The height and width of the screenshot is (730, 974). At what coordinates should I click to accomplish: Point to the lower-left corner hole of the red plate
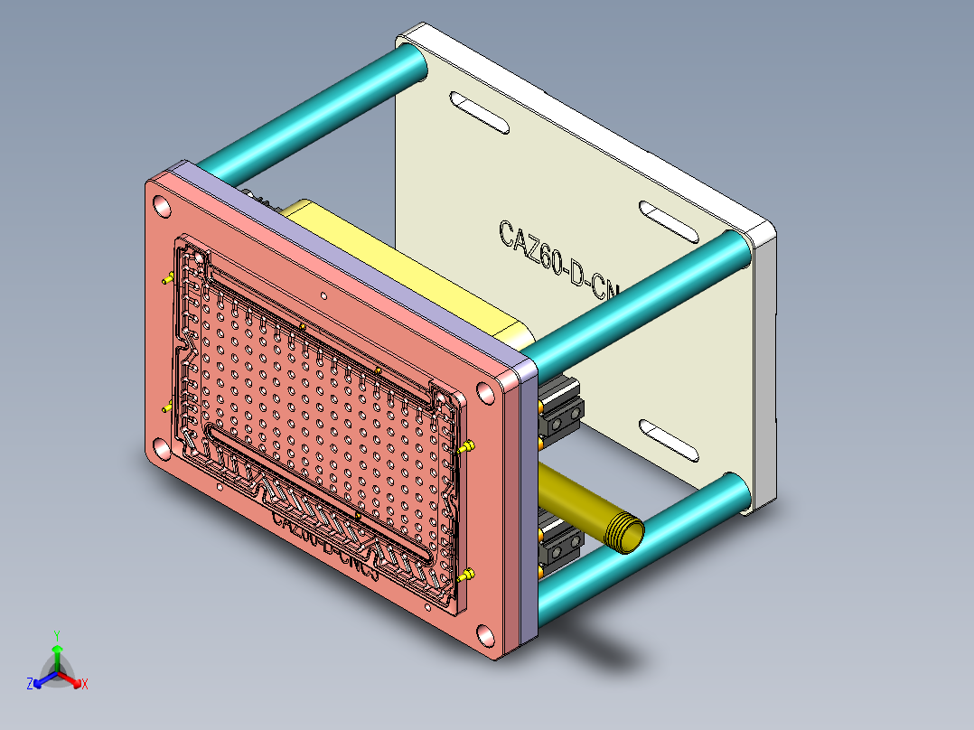click(160, 448)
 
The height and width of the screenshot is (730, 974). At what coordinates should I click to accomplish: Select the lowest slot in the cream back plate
click(670, 440)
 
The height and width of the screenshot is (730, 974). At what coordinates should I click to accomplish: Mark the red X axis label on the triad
click(85, 684)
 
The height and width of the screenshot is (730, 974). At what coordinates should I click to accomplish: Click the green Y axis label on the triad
click(56, 635)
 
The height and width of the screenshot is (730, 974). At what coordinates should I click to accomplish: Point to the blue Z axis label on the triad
click(30, 684)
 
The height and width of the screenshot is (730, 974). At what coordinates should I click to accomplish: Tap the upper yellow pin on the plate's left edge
click(167, 279)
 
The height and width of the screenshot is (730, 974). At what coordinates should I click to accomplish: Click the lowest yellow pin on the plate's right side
click(467, 575)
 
